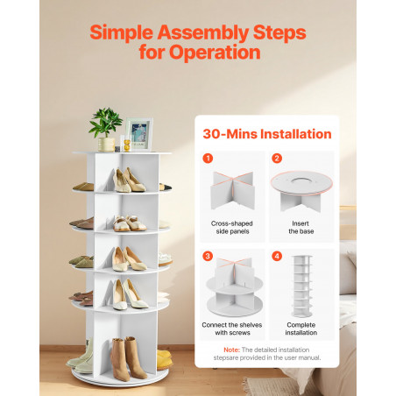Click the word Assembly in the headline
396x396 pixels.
pyautogui.click(x=203, y=32)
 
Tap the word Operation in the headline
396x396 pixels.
pyautogui.click(x=215, y=53)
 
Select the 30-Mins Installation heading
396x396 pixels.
pyautogui.click(x=267, y=134)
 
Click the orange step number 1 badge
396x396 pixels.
pyautogui.click(x=208, y=159)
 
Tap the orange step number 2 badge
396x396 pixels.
pyautogui.click(x=277, y=159)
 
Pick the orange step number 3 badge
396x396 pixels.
pyautogui.click(x=208, y=256)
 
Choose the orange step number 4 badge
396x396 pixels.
pyautogui.click(x=277, y=256)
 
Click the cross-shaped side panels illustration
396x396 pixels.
pyautogui.click(x=232, y=190)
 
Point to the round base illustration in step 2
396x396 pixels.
pyautogui.click(x=301, y=191)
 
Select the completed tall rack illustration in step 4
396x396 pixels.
pyautogui.click(x=302, y=286)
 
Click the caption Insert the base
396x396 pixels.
pyautogui.click(x=301, y=227)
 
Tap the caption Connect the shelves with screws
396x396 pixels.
pyautogui.click(x=232, y=329)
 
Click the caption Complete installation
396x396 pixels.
pyautogui.click(x=301, y=329)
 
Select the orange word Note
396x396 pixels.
pyautogui.click(x=231, y=350)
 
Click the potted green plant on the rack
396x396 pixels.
pyautogui.click(x=106, y=130)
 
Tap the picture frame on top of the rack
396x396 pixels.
pyautogui.click(x=140, y=134)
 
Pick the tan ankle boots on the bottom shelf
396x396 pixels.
pyautogui.click(x=129, y=358)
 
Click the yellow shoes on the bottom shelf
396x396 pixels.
pyautogui.click(x=165, y=359)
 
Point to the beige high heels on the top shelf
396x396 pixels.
pyautogui.click(x=129, y=180)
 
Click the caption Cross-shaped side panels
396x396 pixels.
pyautogui.click(x=232, y=227)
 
